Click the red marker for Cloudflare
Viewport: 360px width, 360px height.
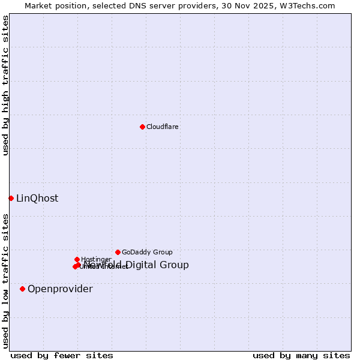click(142, 127)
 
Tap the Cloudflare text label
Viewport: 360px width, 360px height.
click(163, 127)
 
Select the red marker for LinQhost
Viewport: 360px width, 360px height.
click(11, 198)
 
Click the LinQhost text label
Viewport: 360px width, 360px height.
click(37, 199)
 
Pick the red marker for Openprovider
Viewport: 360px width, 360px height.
click(23, 289)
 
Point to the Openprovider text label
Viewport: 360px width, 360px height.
click(60, 289)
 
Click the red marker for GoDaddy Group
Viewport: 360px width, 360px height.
click(118, 252)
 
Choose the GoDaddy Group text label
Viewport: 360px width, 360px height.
click(147, 253)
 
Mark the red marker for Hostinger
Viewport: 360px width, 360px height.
click(77, 259)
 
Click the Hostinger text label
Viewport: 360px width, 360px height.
click(96, 260)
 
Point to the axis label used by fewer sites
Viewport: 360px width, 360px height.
click(62, 356)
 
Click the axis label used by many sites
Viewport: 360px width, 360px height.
click(301, 356)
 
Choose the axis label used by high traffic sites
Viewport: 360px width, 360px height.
click(6, 86)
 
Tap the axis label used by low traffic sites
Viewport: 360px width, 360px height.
click(6, 281)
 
